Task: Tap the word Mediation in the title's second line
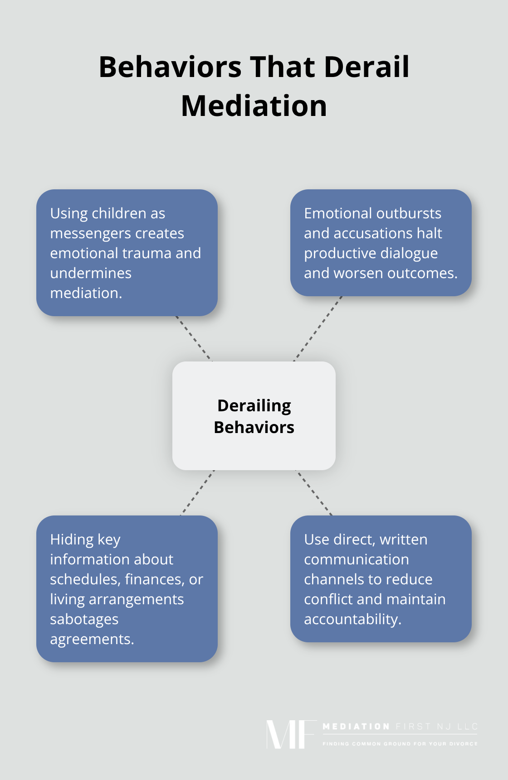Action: (254, 106)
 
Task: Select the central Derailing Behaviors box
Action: (254, 416)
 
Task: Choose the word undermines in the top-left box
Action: (91, 273)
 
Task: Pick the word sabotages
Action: (84, 619)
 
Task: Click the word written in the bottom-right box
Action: (403, 539)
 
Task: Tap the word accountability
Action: (352, 619)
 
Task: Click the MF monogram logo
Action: (291, 734)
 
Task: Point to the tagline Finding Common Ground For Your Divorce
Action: (400, 744)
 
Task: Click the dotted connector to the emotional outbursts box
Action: (318, 328)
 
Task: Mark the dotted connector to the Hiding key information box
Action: (198, 492)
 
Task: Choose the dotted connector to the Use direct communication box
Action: (314, 492)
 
